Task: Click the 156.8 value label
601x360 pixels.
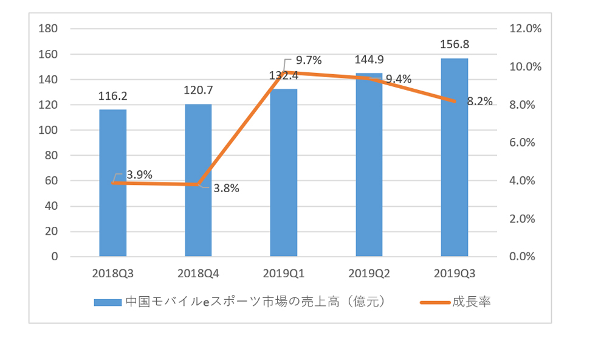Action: (455, 44)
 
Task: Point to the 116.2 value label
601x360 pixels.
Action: (113, 95)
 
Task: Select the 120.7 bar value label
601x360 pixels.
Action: (198, 91)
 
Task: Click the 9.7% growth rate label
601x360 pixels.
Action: (308, 60)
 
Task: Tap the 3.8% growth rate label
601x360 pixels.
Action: (226, 189)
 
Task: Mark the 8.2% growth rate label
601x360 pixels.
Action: (479, 102)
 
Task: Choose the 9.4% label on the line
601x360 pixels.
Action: (399, 78)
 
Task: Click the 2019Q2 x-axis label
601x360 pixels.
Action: (369, 273)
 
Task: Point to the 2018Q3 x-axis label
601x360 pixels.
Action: (113, 273)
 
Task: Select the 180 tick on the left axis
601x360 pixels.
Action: (48, 29)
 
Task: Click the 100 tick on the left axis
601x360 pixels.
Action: (48, 130)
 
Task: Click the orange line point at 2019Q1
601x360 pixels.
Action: (284, 72)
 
